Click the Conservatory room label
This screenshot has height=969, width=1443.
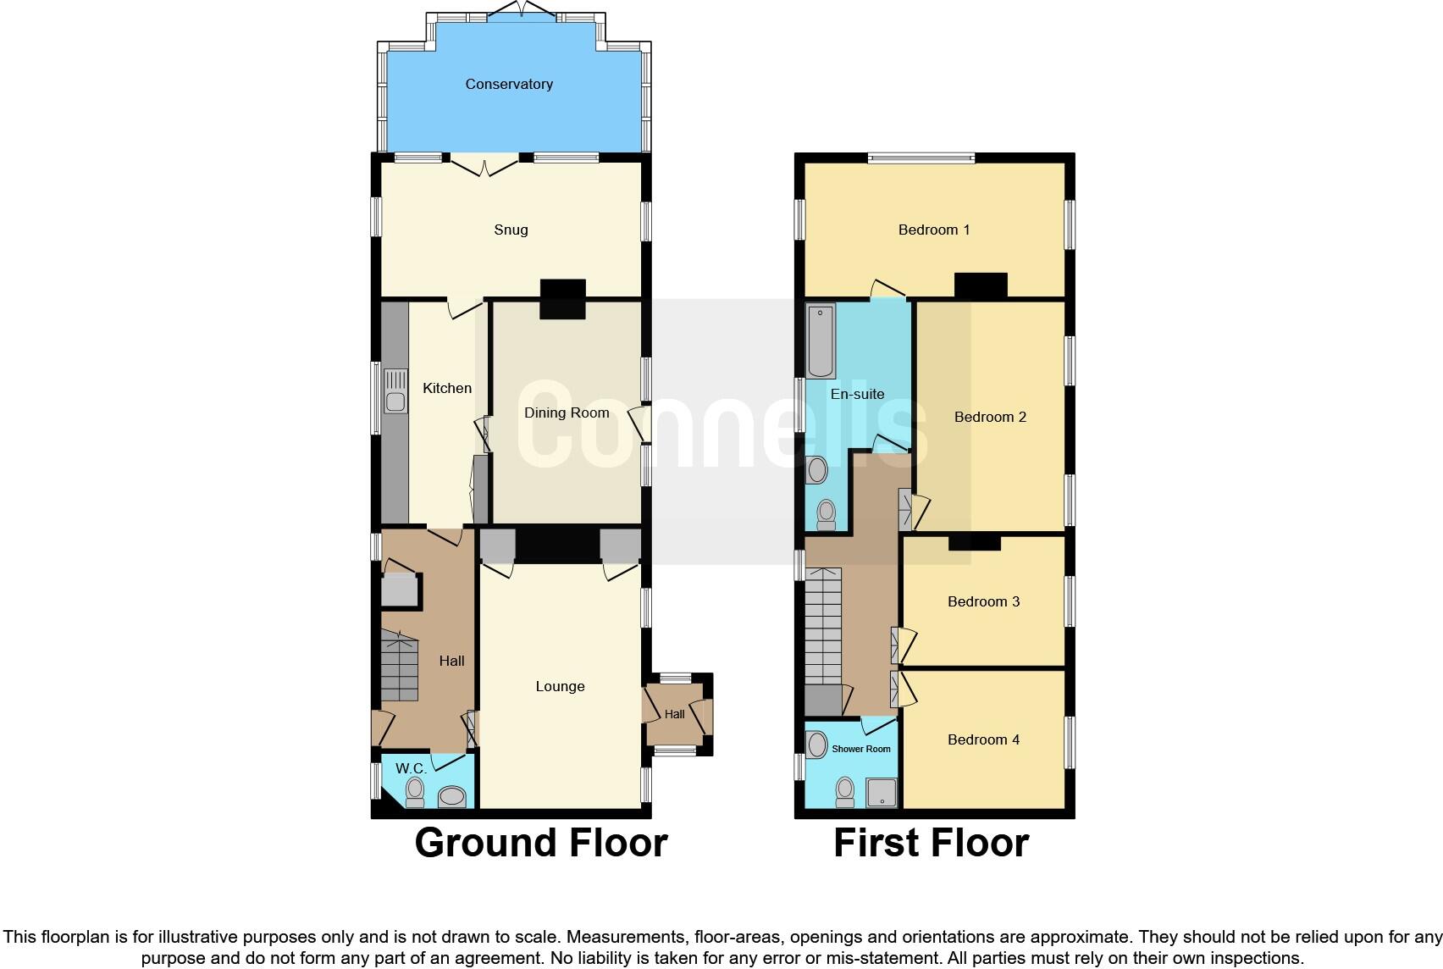click(509, 84)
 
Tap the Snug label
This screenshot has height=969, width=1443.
click(511, 230)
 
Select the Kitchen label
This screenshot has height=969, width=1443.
click(447, 388)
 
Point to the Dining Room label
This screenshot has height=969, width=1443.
click(567, 413)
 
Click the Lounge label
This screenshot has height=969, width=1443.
click(560, 686)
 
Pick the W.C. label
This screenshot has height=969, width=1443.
click(411, 768)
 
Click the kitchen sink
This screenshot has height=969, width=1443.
click(395, 391)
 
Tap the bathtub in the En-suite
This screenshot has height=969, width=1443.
click(821, 341)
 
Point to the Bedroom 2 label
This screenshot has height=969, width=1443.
click(990, 417)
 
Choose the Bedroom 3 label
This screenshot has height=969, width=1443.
click(983, 601)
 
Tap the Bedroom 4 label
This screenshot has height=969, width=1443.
click(983, 739)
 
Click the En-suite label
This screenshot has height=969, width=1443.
click(857, 394)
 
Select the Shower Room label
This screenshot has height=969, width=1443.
click(860, 749)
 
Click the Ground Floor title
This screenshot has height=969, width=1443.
click(541, 843)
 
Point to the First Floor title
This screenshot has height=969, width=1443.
click(931, 843)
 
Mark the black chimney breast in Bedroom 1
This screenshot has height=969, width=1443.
click(981, 285)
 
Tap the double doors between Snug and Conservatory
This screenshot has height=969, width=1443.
click(484, 164)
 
